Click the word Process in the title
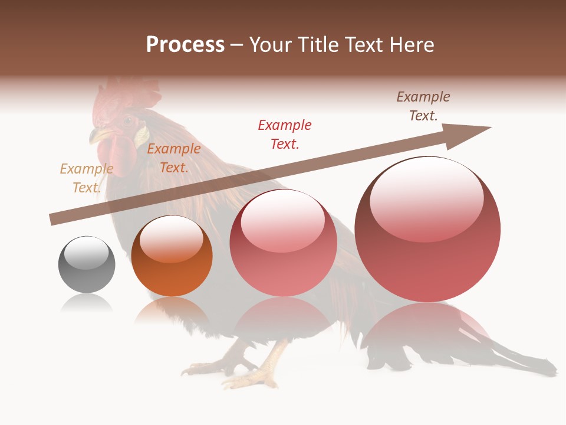point(185,45)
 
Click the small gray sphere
point(87,264)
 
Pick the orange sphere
point(172,256)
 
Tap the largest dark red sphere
point(427,230)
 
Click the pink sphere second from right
point(283,243)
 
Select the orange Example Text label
point(173,158)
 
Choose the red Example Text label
point(285,134)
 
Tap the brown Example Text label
point(423,106)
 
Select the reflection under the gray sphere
point(87,303)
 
